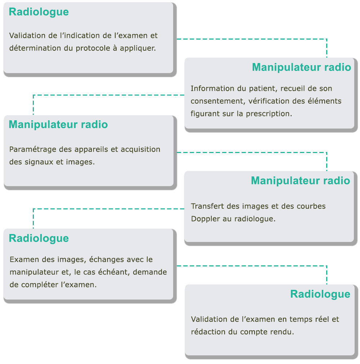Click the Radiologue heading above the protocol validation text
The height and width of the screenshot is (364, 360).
[x=39, y=12]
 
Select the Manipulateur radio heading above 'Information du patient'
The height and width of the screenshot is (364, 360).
[x=302, y=67]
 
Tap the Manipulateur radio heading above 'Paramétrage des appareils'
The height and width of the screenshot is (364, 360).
[x=58, y=125]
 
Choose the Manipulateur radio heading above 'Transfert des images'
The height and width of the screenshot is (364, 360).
[x=301, y=181]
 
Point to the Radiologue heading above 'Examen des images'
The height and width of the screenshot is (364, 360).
[x=39, y=238]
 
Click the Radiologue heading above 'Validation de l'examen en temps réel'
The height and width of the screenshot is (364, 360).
[x=320, y=294]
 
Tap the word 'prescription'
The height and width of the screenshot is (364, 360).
[x=269, y=114]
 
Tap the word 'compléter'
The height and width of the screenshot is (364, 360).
[x=40, y=285]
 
